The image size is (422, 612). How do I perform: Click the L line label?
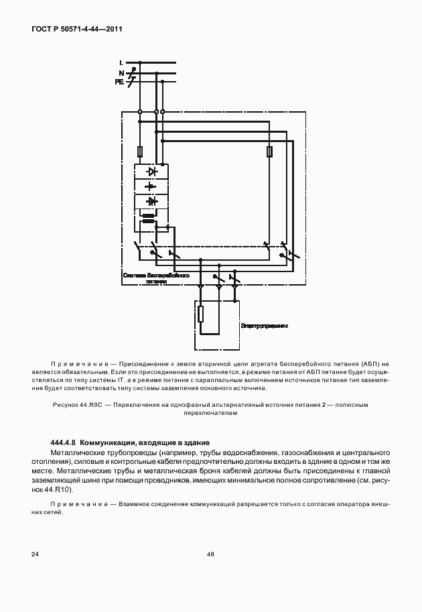pos(121,63)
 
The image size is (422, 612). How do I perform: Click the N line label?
pos(121,72)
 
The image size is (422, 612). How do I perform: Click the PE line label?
pos(119,81)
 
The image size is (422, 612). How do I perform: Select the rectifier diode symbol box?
pos(152,172)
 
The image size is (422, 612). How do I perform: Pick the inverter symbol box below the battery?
pos(152,201)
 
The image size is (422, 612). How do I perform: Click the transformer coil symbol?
pos(149,218)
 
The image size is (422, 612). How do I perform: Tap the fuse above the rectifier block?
pos(139,151)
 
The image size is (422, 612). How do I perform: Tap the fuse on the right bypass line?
pos(269,152)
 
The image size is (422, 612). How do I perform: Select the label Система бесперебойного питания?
pos(156,279)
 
